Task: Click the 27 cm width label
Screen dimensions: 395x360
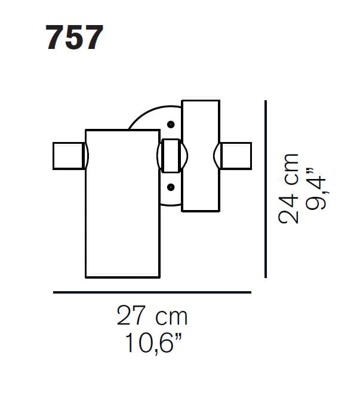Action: pos(152,316)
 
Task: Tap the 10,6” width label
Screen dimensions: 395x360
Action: pos(152,343)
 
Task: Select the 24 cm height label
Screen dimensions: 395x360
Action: pos(290,188)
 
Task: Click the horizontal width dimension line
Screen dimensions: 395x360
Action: pos(152,292)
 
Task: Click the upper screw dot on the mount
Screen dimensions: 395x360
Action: pos(171,125)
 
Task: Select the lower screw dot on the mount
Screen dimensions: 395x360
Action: pos(171,187)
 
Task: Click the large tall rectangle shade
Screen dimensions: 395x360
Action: pos(122,203)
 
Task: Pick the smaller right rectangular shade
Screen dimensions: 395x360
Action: pos(201,156)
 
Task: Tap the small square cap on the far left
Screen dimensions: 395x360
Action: pos(68,156)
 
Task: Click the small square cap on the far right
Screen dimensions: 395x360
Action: pos(236,156)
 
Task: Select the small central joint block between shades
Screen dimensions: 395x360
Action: pos(171,156)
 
